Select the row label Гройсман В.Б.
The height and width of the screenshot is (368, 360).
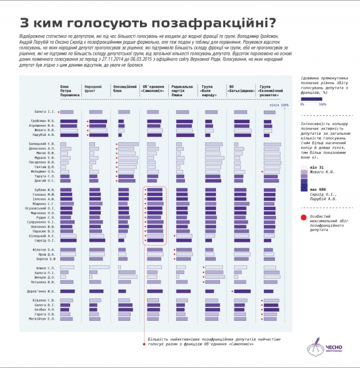pyautogui.click(x=43, y=121)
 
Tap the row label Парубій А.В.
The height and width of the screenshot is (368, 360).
pyautogui.click(x=44, y=135)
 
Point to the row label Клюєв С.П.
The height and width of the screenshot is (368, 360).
pyautogui.click(x=46, y=268)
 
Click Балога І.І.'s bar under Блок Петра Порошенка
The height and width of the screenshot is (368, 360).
pyautogui.click(x=67, y=111)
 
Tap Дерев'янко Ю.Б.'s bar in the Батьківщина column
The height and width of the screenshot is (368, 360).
pyautogui.click(x=242, y=291)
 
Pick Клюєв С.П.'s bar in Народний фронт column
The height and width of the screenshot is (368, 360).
pyautogui.click(x=100, y=268)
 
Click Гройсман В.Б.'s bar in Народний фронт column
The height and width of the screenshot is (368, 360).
pyautogui.click(x=98, y=122)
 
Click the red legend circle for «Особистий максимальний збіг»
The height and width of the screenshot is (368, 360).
pyautogui.click(x=302, y=217)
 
